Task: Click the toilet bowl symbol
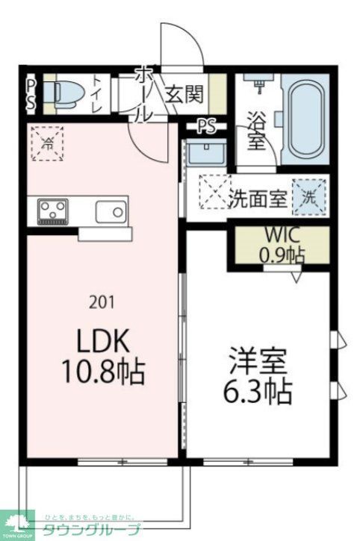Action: click(x=60, y=94)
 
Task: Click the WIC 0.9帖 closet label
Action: click(x=281, y=245)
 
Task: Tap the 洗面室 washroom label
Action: click(x=258, y=199)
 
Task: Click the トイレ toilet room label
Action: click(x=98, y=94)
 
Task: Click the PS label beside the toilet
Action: click(x=31, y=94)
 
